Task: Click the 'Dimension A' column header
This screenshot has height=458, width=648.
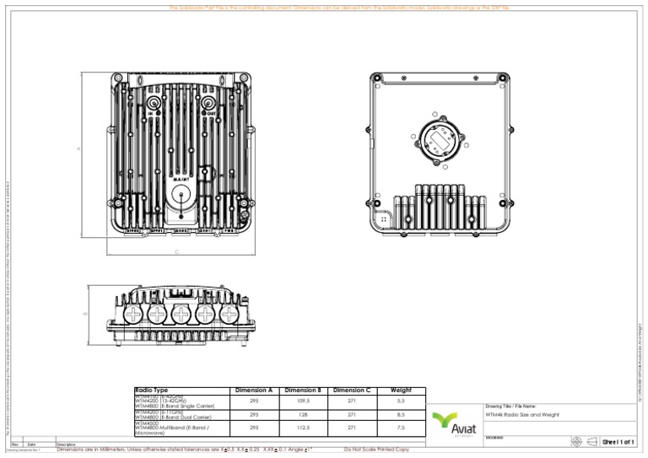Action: coord(254,391)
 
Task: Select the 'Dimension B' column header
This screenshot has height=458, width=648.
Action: coord(303,391)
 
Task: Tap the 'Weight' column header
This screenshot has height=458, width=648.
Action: coord(401,391)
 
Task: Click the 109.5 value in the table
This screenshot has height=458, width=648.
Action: coord(303,401)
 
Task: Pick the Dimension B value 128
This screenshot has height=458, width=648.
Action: coord(303,414)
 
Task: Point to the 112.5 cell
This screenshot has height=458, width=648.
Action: coord(303,428)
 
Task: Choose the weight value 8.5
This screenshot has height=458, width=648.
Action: coord(401,414)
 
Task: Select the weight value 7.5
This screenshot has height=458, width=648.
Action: coord(401,428)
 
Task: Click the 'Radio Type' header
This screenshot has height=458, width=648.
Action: coord(152,391)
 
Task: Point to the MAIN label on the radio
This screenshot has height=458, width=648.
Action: coord(181,179)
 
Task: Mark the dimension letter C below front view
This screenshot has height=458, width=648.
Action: coord(177,251)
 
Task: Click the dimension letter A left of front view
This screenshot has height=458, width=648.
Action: coord(80,149)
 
